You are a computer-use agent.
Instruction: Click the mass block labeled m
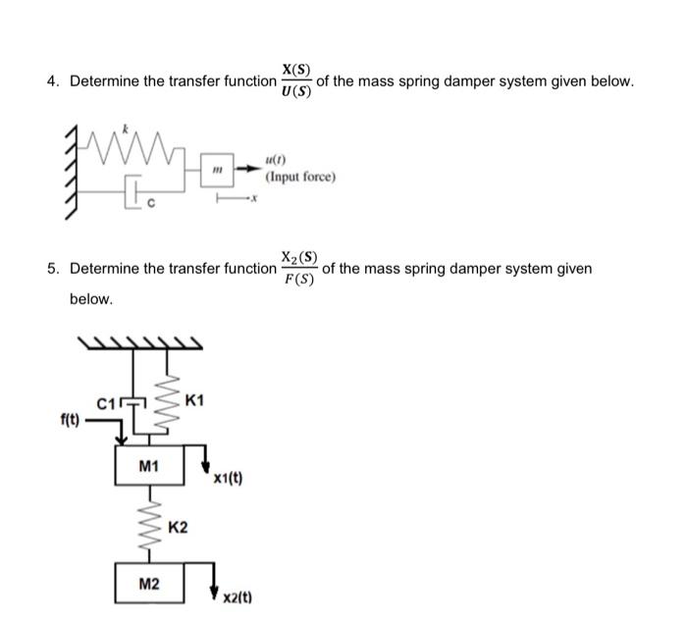pyautogui.click(x=217, y=170)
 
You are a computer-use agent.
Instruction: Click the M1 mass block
pyautogui.click(x=149, y=465)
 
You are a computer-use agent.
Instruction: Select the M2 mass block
pyautogui.click(x=149, y=583)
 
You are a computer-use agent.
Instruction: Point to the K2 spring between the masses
pyautogui.click(x=150, y=524)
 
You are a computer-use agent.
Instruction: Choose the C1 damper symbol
pyautogui.click(x=133, y=405)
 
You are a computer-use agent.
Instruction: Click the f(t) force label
pyautogui.click(x=70, y=421)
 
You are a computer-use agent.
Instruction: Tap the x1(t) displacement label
pyautogui.click(x=228, y=479)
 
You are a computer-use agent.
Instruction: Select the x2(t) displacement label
pyautogui.click(x=238, y=597)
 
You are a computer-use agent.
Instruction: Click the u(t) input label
pyautogui.click(x=275, y=160)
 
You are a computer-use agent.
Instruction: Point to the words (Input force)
pyautogui.click(x=300, y=177)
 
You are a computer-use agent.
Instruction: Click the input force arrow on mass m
pyautogui.click(x=246, y=168)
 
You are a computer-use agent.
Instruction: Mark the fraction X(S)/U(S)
pyautogui.click(x=296, y=81)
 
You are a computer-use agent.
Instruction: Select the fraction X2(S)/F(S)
pyautogui.click(x=299, y=268)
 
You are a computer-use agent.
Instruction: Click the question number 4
pyautogui.click(x=53, y=81)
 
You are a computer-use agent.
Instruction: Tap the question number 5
pyautogui.click(x=53, y=268)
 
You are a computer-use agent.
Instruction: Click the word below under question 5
pyautogui.click(x=91, y=299)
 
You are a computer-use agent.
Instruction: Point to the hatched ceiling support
pyautogui.click(x=140, y=343)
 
